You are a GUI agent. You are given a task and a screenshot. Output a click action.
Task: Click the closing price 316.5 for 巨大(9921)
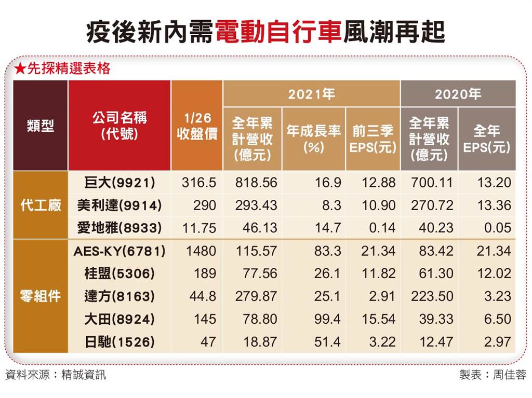click(199, 183)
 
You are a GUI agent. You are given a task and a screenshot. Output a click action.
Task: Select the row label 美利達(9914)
click(119, 205)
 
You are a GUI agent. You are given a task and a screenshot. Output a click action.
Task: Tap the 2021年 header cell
click(311, 94)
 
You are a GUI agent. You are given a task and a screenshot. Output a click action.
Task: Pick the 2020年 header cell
click(458, 94)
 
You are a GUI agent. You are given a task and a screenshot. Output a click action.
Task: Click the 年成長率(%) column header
click(313, 139)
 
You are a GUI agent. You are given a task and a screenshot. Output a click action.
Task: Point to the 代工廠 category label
click(41, 205)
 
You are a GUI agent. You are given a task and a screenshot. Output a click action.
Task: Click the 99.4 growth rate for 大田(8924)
click(328, 320)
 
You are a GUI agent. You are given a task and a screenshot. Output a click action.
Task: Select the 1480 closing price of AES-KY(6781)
click(202, 252)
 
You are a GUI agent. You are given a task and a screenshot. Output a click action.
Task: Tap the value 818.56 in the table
click(255, 183)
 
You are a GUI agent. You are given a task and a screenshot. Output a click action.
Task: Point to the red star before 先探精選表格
click(20, 68)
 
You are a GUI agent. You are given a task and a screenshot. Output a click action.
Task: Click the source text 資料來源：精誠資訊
click(56, 375)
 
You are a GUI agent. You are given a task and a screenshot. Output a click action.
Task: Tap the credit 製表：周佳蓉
click(492, 375)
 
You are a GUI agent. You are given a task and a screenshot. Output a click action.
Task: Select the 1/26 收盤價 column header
click(197, 126)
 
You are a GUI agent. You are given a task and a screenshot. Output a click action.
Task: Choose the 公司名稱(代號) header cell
click(119, 126)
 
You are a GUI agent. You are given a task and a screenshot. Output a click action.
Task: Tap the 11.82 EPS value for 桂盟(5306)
click(379, 274)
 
